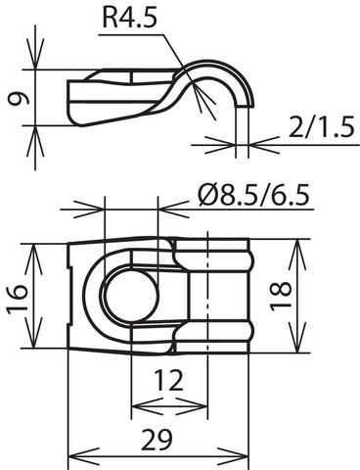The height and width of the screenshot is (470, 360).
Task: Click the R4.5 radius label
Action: [x=129, y=19]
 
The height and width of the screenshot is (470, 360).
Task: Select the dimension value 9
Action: [x=19, y=98]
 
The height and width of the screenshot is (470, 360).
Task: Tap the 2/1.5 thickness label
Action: [x=321, y=127]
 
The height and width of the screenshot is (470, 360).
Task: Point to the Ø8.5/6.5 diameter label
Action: [x=253, y=196]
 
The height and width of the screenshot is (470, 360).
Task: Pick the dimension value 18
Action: [x=281, y=296]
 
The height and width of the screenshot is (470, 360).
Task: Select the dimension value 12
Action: [x=168, y=381]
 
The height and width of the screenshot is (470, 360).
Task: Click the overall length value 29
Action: [x=157, y=440]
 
